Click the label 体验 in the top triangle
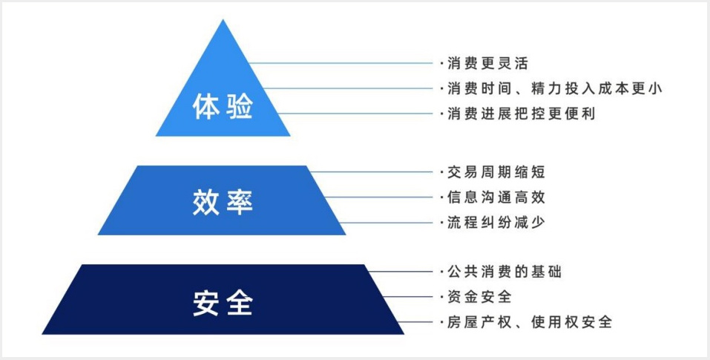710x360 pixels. pos(223,106)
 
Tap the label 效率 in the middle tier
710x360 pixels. pos(223,202)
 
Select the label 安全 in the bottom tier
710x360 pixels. pos(223,303)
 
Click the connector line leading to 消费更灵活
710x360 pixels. pos(341,63)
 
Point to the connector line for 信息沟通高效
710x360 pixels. pos(379,197)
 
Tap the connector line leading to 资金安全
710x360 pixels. pos(409,297)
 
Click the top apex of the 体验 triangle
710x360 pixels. pos(223,19)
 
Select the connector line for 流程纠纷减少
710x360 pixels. pos(387,223)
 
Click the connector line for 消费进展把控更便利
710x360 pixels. pos(355,114)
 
